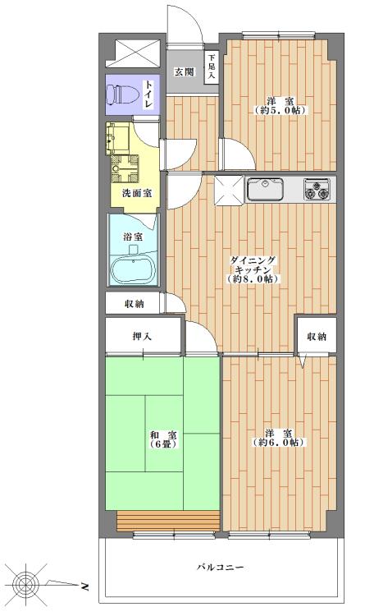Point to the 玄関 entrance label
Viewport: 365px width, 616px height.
tap(183, 71)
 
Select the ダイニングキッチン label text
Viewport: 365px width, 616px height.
tap(255, 269)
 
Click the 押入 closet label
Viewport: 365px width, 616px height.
tap(142, 337)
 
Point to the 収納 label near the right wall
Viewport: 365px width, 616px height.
tap(317, 337)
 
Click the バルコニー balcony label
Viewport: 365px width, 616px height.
tap(221, 568)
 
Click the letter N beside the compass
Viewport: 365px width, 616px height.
tap(86, 586)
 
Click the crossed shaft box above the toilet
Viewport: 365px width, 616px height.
tap(131, 53)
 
